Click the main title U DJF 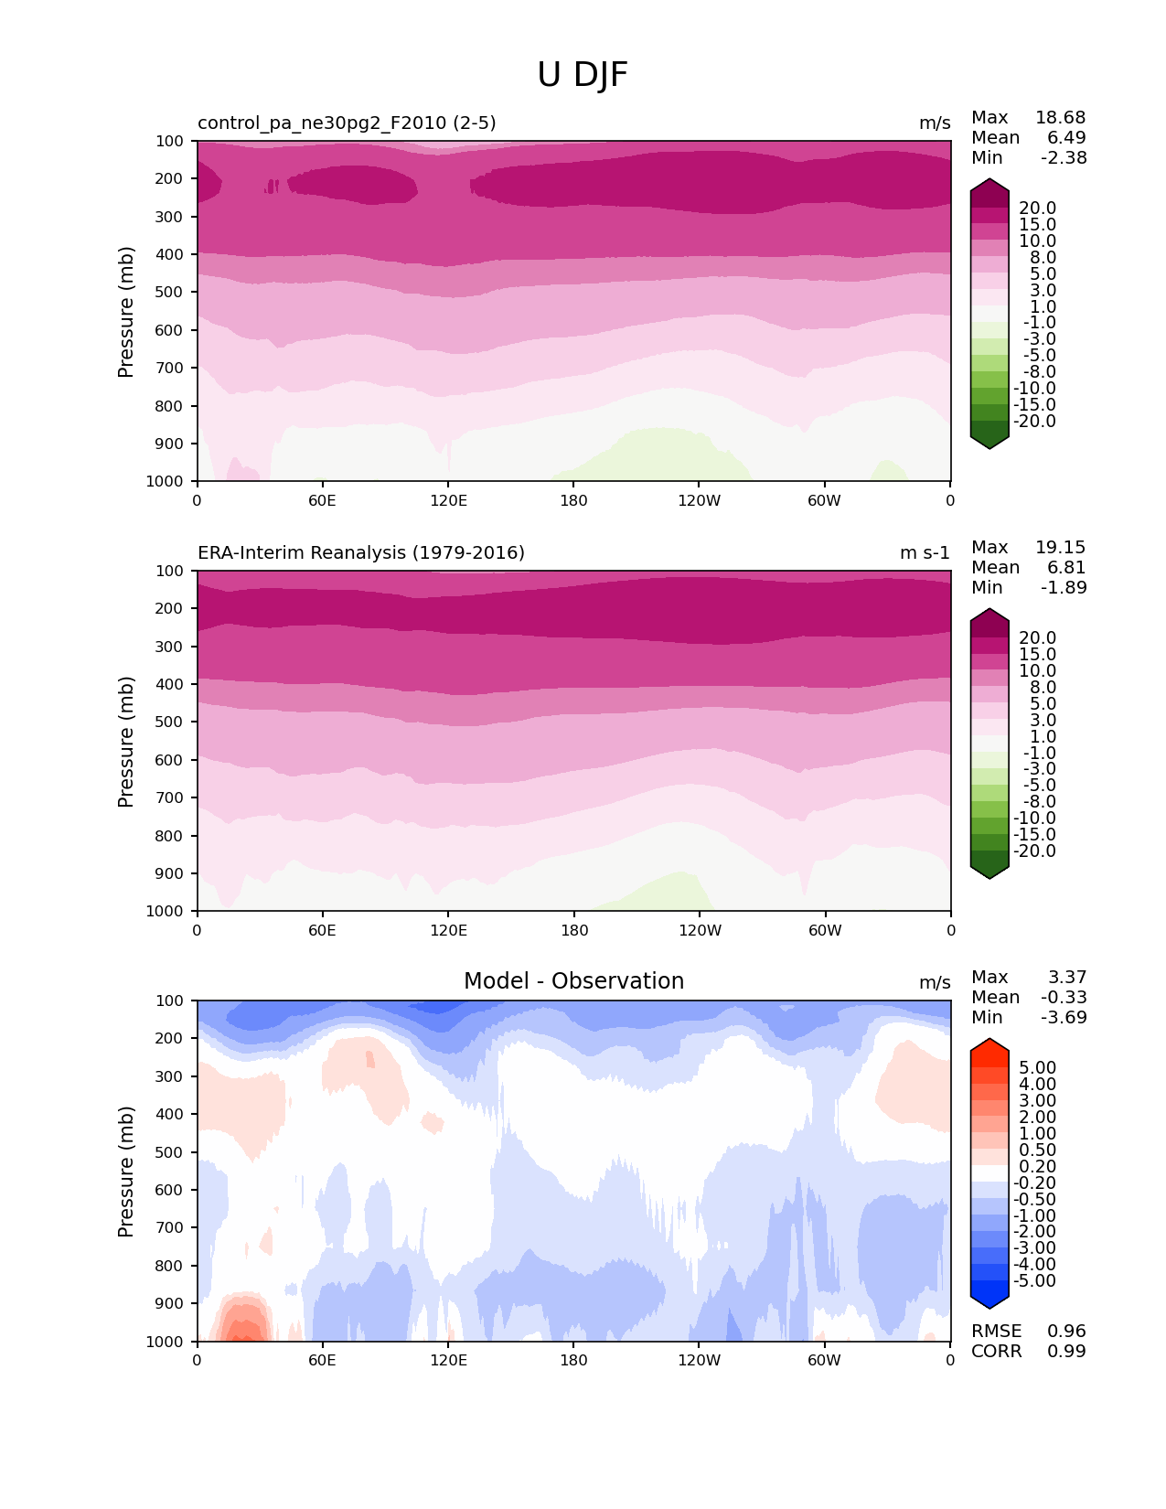pos(583,75)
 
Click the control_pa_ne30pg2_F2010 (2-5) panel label pos(347,123)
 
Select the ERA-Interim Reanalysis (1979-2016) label pos(361,553)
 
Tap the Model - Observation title pos(573,981)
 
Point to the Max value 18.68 pos(1060,118)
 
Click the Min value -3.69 pos(1064,1018)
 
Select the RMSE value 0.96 pos(1066,1332)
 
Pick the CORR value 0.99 pos(1066,1352)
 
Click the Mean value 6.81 pos(1066,568)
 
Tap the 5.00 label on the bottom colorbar pos(1037,1068)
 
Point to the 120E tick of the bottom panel pos(448,1361)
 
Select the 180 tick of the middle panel pos(573,931)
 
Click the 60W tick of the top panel pos(824,501)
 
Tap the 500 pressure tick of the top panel pos(171,293)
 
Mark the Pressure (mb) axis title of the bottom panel pos(126,1172)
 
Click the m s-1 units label pos(925,553)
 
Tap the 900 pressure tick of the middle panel pos(171,873)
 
